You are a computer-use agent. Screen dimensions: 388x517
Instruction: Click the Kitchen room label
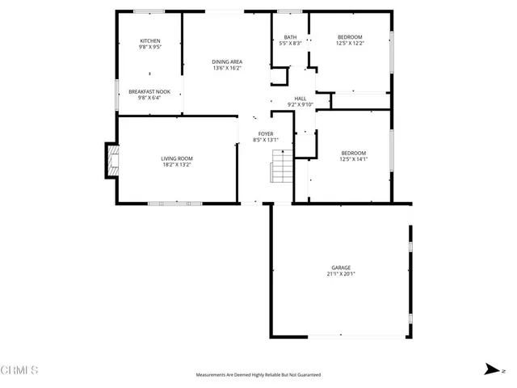(x=150, y=41)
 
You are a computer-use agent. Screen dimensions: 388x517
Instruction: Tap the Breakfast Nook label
(x=150, y=92)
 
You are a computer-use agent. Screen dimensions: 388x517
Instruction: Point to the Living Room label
(x=177, y=158)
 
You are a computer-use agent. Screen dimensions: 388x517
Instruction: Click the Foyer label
(x=266, y=133)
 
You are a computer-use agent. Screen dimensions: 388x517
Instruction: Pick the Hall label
(x=301, y=99)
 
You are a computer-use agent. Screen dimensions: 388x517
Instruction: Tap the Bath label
(x=290, y=37)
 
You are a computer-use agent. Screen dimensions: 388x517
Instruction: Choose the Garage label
(x=341, y=268)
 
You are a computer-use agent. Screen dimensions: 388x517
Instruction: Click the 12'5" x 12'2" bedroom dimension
(x=350, y=43)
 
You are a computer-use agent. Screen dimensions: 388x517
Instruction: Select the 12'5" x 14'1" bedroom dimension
(x=354, y=159)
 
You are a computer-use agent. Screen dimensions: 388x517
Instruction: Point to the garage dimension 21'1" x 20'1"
(x=341, y=274)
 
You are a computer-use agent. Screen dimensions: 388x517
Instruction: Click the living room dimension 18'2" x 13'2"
(x=177, y=165)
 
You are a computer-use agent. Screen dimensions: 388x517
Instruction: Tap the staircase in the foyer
(x=280, y=168)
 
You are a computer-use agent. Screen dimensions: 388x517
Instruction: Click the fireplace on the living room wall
(x=111, y=160)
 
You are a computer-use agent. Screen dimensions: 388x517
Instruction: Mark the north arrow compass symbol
(x=490, y=370)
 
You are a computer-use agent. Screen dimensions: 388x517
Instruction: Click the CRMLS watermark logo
(x=19, y=371)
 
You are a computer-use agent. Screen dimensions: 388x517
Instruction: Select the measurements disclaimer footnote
(x=258, y=375)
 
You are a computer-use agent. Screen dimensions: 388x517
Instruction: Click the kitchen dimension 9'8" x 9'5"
(x=150, y=48)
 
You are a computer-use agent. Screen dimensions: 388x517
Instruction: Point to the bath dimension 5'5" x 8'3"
(x=290, y=44)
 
